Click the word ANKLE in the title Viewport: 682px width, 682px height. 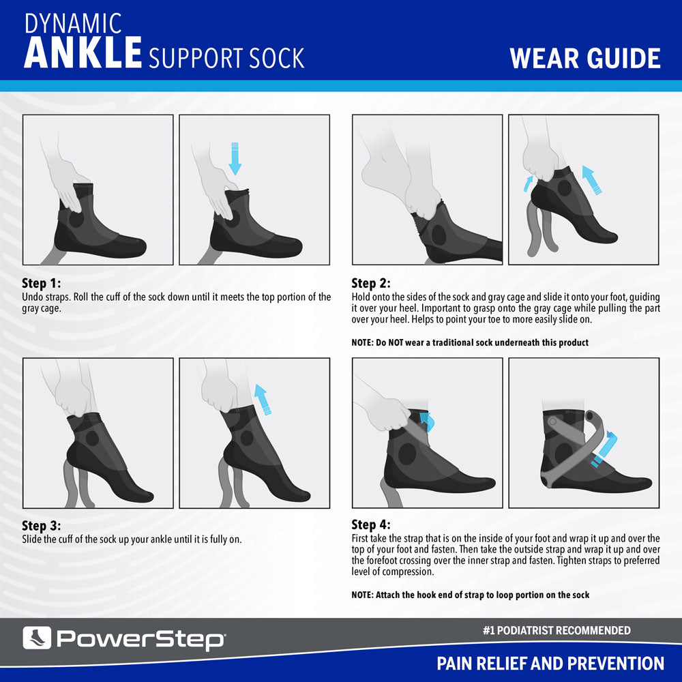pyautogui.click(x=83, y=53)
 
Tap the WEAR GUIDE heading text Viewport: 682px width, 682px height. pyautogui.click(x=585, y=59)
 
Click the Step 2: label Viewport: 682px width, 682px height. pyautogui.click(x=371, y=284)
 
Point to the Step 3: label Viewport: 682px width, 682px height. pyautogui.click(x=42, y=526)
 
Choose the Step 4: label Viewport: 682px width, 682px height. pyautogui.click(x=371, y=525)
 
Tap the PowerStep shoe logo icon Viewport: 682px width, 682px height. pyautogui.click(x=36, y=638)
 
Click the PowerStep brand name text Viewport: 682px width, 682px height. pyautogui.click(x=140, y=639)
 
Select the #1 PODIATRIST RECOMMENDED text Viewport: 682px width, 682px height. pyautogui.click(x=556, y=631)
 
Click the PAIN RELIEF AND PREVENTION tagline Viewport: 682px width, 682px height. pyautogui.click(x=550, y=663)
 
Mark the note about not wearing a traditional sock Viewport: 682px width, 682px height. pyautogui.click(x=470, y=342)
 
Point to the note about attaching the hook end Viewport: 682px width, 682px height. pyautogui.click(x=471, y=595)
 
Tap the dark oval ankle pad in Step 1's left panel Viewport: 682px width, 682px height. pyautogui.click(x=77, y=221)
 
